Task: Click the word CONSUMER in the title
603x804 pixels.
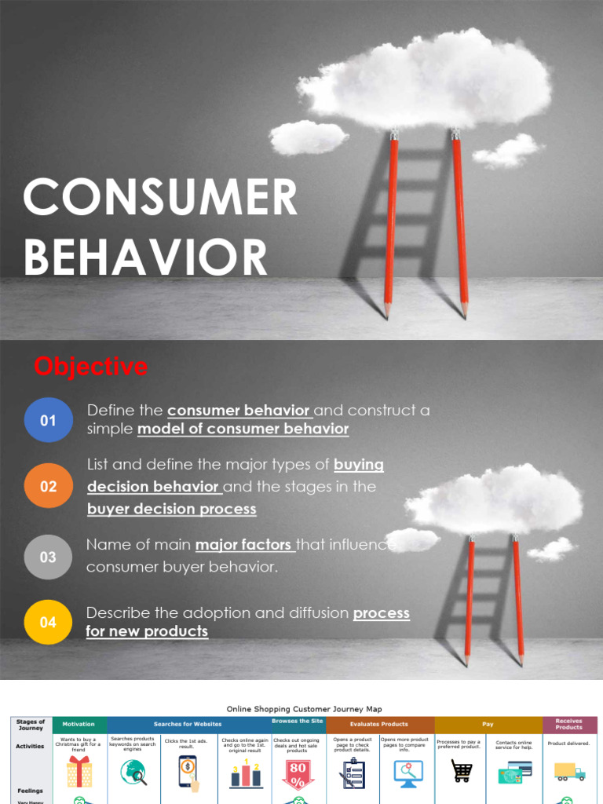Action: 160,198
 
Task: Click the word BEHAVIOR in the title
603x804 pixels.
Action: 146,258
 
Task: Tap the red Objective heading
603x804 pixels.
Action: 90,366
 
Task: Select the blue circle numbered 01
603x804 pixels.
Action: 49,420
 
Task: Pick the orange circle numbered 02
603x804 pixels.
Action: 49,486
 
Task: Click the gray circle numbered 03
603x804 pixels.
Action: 49,557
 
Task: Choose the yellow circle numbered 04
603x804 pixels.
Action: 49,622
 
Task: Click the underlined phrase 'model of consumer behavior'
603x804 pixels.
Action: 243,429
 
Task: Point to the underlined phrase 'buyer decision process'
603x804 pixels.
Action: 171,509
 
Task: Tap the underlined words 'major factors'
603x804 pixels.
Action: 244,545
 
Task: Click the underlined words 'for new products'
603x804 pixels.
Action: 147,631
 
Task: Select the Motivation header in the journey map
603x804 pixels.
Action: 79,724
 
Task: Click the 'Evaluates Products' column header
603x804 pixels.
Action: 379,724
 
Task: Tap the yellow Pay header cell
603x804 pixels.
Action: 488,724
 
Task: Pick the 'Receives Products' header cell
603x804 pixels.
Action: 568,724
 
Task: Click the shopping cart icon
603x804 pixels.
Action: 462,771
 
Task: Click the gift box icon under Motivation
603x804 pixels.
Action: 79,772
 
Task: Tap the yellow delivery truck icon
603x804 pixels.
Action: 569,771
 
